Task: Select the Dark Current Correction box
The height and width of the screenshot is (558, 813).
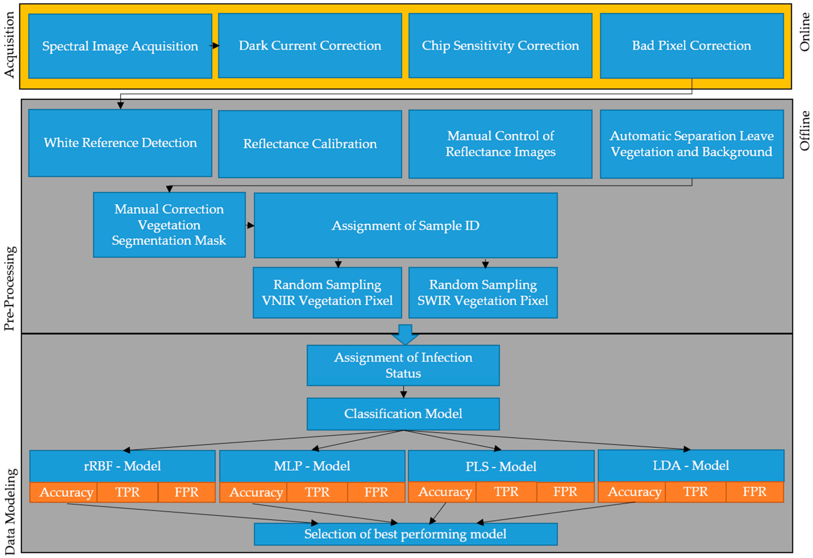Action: point(310,46)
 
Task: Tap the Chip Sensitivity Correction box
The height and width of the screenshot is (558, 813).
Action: point(500,46)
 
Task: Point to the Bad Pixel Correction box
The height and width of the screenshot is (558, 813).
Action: point(692,46)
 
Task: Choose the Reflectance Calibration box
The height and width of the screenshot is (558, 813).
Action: point(310,144)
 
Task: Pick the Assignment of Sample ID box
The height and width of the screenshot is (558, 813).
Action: point(405,225)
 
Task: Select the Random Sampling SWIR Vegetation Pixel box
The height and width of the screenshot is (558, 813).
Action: point(483,293)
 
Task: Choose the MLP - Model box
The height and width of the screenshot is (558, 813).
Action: point(312,466)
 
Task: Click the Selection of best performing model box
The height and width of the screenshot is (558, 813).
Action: point(405,534)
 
